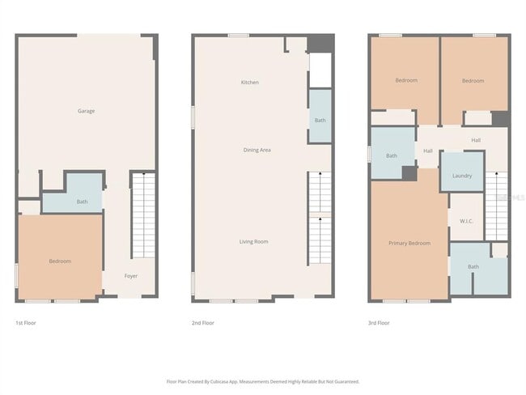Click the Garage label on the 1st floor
point(86,111)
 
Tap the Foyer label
point(130,276)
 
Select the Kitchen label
point(249,83)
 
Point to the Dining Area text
point(257,150)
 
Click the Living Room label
point(253,241)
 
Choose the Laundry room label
point(462,176)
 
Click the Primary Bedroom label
point(409,243)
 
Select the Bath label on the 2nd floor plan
point(320,121)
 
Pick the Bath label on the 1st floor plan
point(82,202)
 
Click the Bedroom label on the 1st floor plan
point(60,261)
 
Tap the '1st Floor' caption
point(25,323)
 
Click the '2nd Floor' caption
point(202,323)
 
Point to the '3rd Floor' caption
point(378,323)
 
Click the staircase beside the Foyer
point(143,214)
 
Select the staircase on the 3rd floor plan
point(496,206)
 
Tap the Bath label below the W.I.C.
point(473,266)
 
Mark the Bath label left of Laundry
point(392,155)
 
